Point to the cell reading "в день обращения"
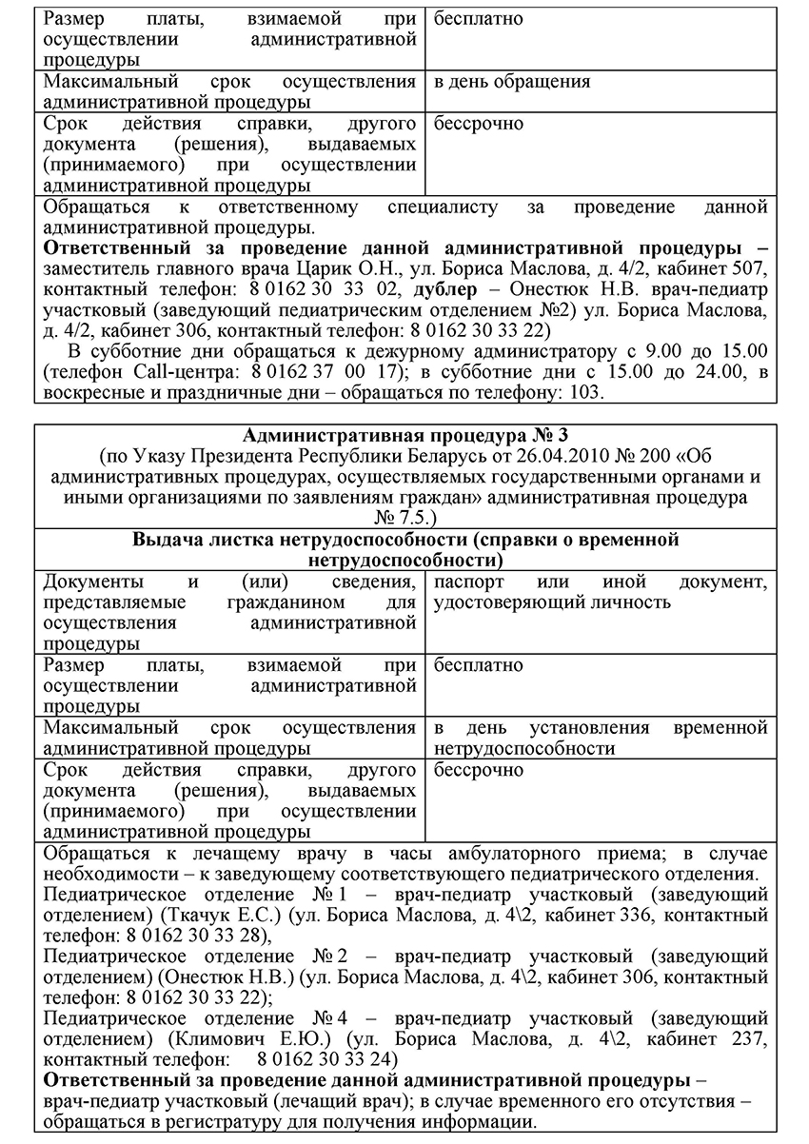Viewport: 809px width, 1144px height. pyautogui.click(x=512, y=82)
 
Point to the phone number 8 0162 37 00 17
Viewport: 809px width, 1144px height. pyautogui.click(x=319, y=372)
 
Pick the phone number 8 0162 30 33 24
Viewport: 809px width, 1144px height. pyautogui.click(x=326, y=1058)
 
